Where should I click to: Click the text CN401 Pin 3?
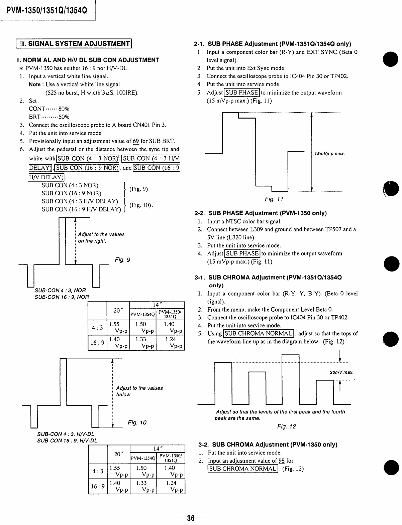[x=149, y=125]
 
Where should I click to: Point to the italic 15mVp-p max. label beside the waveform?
[x=329, y=154]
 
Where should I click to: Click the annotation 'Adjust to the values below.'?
[x=139, y=391]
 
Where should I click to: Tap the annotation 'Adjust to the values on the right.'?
[x=101, y=237]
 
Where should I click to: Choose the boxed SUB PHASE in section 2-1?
[x=242, y=93]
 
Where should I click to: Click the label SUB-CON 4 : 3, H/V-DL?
[x=66, y=434]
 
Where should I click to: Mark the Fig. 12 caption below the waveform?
[x=287, y=426]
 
